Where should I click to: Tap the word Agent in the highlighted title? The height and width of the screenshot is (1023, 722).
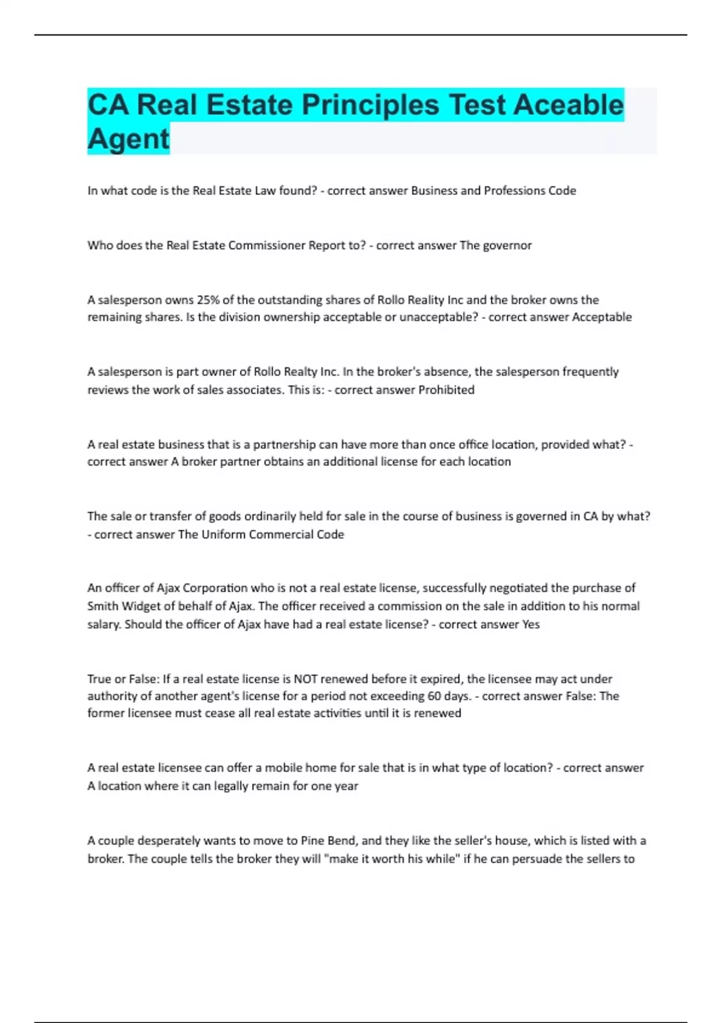coord(128,139)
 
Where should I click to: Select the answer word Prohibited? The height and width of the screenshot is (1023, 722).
coord(446,390)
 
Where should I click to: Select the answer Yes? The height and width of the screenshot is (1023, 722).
coord(531,625)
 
